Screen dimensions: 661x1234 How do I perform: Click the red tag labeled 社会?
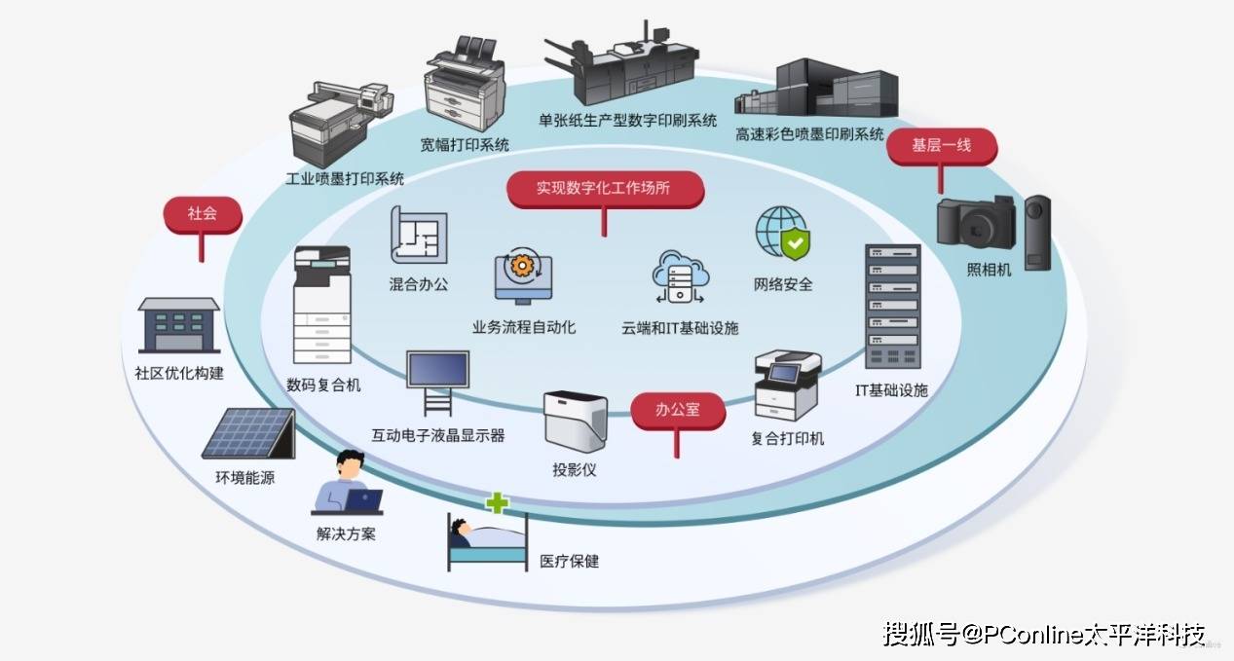pyautogui.click(x=202, y=214)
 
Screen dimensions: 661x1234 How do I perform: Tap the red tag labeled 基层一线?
pyautogui.click(x=941, y=146)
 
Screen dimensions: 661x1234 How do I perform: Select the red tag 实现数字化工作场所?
pyautogui.click(x=604, y=189)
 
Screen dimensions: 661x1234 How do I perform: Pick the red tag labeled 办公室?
pyautogui.click(x=678, y=410)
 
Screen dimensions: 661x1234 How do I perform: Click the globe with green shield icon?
pyautogui.click(x=783, y=234)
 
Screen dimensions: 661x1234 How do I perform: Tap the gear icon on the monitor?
pyautogui.click(x=524, y=266)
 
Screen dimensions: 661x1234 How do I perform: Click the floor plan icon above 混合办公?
pyautogui.click(x=419, y=235)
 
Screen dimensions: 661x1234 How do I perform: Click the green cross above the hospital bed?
pyautogui.click(x=498, y=503)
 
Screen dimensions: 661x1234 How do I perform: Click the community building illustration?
pyautogui.click(x=178, y=325)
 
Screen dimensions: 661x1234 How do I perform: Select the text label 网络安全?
pyautogui.click(x=783, y=285)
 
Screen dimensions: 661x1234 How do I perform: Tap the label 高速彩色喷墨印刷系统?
pyautogui.click(x=809, y=133)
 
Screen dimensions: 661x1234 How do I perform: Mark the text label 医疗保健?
pyautogui.click(x=570, y=562)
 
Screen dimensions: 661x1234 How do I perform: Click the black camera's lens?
pyautogui.click(x=974, y=227)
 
